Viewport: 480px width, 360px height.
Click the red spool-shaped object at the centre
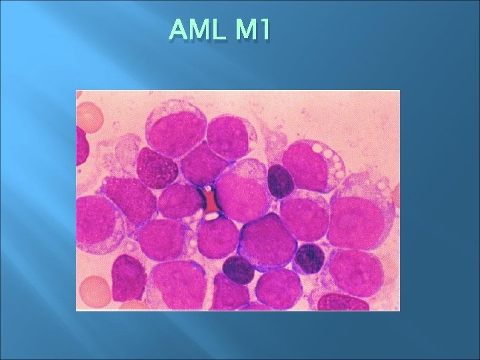tap(210, 200)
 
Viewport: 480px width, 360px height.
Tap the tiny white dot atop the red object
tap(209, 189)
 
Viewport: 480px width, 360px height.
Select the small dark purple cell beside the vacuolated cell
tap(281, 181)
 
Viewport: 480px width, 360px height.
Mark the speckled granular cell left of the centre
tap(157, 168)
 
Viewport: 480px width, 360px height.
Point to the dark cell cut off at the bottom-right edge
tap(344, 303)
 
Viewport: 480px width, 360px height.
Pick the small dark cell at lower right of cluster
tap(309, 259)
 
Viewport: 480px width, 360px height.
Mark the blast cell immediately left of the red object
tap(179, 200)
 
